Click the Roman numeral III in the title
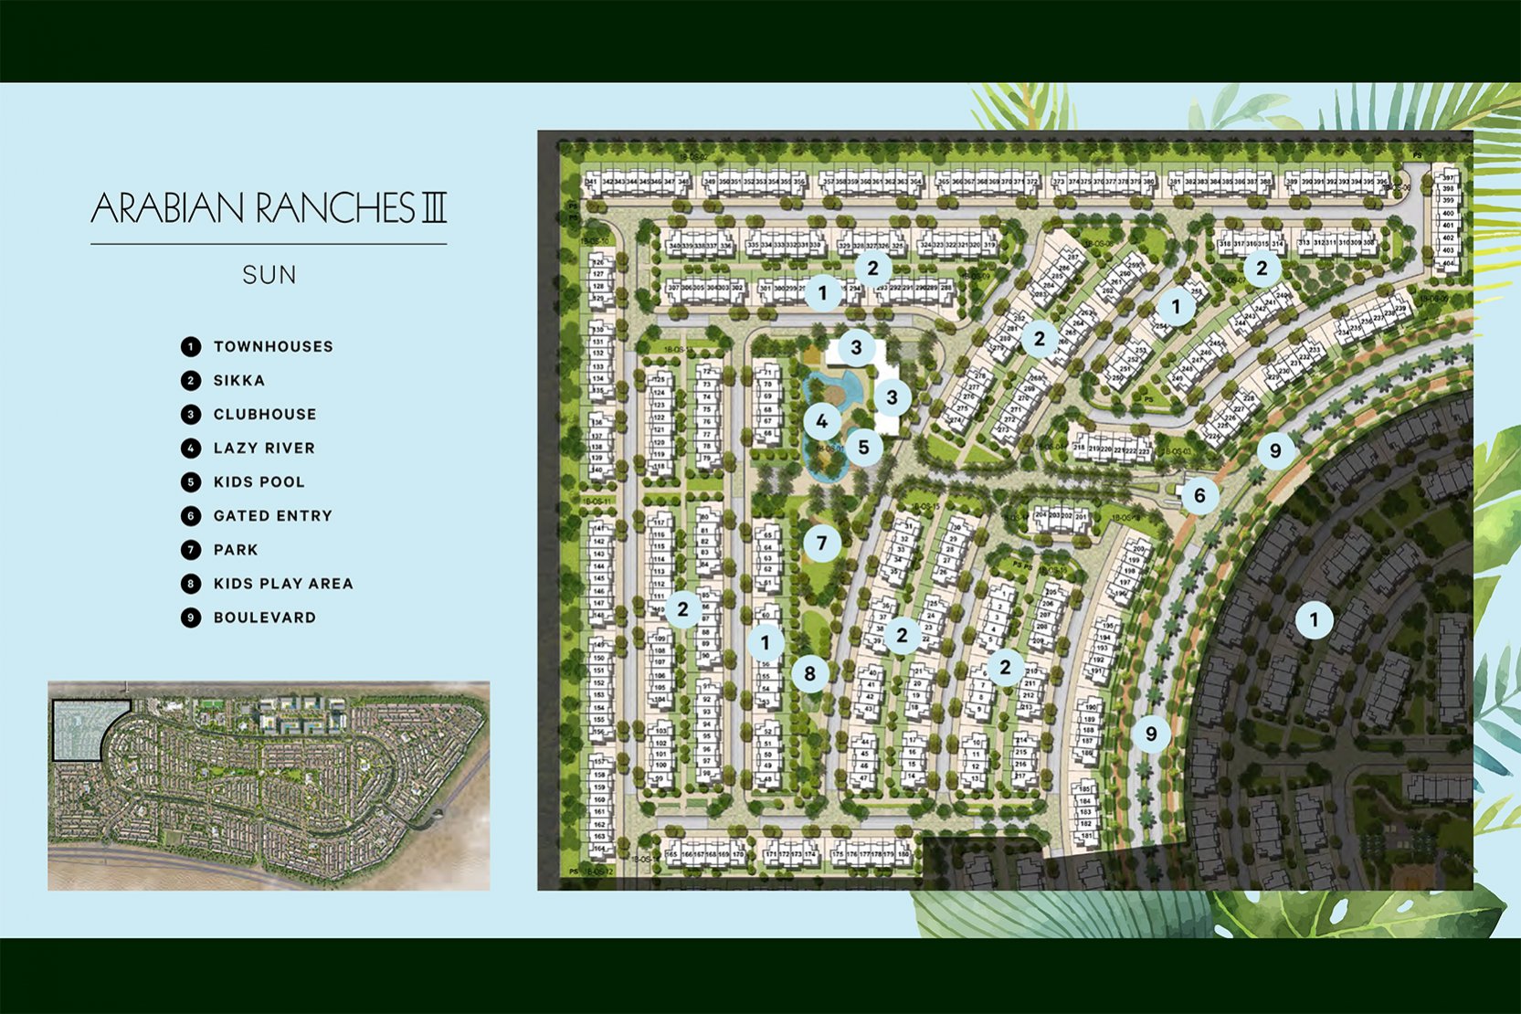tap(433, 208)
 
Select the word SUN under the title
tap(269, 275)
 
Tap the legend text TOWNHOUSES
tap(273, 346)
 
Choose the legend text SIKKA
tap(239, 380)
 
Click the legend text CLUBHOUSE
tap(265, 414)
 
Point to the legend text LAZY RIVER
tap(264, 448)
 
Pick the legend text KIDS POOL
tap(259, 481)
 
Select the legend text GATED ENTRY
tap(273, 515)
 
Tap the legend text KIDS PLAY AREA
tap(283, 583)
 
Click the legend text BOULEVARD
tap(265, 617)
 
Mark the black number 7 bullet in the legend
tap(190, 549)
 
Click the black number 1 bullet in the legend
tap(190, 346)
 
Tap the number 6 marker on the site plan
tap(1199, 495)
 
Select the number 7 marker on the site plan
tap(821, 544)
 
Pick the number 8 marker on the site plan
tap(809, 674)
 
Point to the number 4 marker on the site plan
tap(822, 421)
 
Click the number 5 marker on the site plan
tap(863, 447)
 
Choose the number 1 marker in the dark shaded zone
tap(1314, 620)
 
